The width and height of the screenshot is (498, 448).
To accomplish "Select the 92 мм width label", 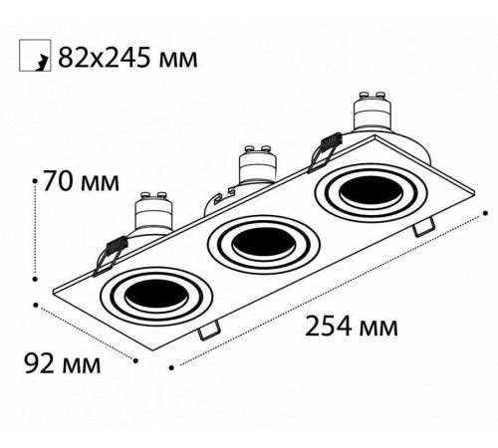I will (61, 364).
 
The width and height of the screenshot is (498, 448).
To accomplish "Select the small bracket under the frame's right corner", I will (425, 226).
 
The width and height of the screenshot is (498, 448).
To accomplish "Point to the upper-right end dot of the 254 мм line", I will (485, 212).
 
